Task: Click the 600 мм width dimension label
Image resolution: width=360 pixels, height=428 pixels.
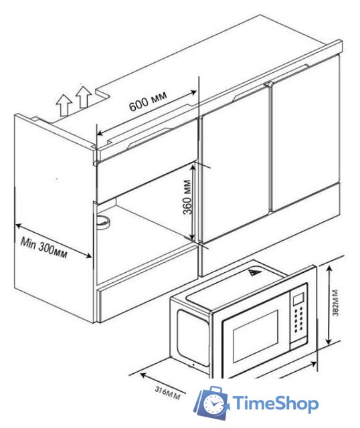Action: click(148, 101)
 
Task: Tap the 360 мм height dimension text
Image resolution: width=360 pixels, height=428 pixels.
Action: click(187, 197)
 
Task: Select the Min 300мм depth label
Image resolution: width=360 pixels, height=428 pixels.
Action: click(43, 247)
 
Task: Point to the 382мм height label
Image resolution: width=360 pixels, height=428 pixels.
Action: click(336, 303)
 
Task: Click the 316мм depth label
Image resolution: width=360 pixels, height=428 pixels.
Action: click(168, 393)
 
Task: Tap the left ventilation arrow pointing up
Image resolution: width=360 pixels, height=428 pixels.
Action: click(64, 105)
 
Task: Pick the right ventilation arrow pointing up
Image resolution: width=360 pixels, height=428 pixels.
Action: click(84, 96)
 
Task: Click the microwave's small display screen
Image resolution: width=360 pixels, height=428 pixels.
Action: click(298, 299)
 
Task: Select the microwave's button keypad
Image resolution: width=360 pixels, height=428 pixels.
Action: click(299, 320)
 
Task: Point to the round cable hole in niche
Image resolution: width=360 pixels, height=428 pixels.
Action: click(103, 222)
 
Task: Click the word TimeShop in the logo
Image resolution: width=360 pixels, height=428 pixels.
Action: click(275, 404)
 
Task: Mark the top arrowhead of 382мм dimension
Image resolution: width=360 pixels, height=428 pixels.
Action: click(329, 269)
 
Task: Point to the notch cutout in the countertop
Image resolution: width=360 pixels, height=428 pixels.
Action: click(103, 93)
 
